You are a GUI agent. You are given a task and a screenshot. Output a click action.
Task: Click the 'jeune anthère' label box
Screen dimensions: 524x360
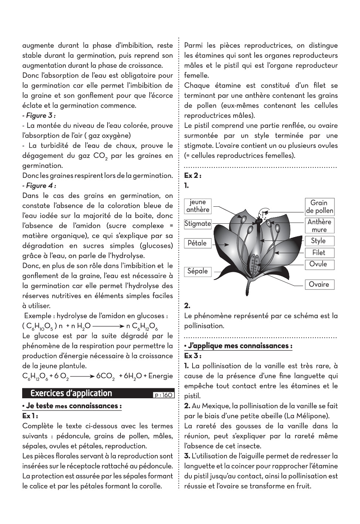coord(198,206)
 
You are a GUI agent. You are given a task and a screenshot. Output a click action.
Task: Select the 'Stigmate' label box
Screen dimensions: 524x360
coord(198,224)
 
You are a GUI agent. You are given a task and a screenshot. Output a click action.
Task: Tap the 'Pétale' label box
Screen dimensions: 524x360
coord(197,243)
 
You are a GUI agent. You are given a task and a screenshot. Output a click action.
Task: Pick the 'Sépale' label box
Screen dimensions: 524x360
coord(198,271)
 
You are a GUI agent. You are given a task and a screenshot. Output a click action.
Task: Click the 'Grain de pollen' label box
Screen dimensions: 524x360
coord(319,207)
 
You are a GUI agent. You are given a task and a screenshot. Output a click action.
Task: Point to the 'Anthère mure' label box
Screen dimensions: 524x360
coord(319,226)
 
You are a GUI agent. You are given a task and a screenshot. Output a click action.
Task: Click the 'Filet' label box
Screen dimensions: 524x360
coord(319,253)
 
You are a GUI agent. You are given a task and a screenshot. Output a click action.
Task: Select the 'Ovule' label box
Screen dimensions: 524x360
coord(319,264)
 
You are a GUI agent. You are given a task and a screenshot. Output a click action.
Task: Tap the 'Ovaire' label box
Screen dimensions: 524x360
coord(319,284)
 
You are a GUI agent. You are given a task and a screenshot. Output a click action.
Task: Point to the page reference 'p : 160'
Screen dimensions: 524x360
coord(163,395)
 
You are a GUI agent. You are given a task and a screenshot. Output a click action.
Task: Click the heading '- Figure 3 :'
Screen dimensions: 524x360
coord(39,115)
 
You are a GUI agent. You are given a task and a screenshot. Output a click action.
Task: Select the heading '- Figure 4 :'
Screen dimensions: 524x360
coord(39,185)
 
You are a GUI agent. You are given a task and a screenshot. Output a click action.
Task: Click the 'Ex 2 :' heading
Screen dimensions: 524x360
coord(193,175)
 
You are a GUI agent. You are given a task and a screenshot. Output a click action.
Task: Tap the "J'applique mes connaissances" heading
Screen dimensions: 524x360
coord(238,346)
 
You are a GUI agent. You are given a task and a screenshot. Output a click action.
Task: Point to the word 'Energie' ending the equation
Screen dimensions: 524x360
coord(160,376)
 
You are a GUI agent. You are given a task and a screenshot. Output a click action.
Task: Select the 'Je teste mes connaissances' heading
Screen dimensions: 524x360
coord(72,406)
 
